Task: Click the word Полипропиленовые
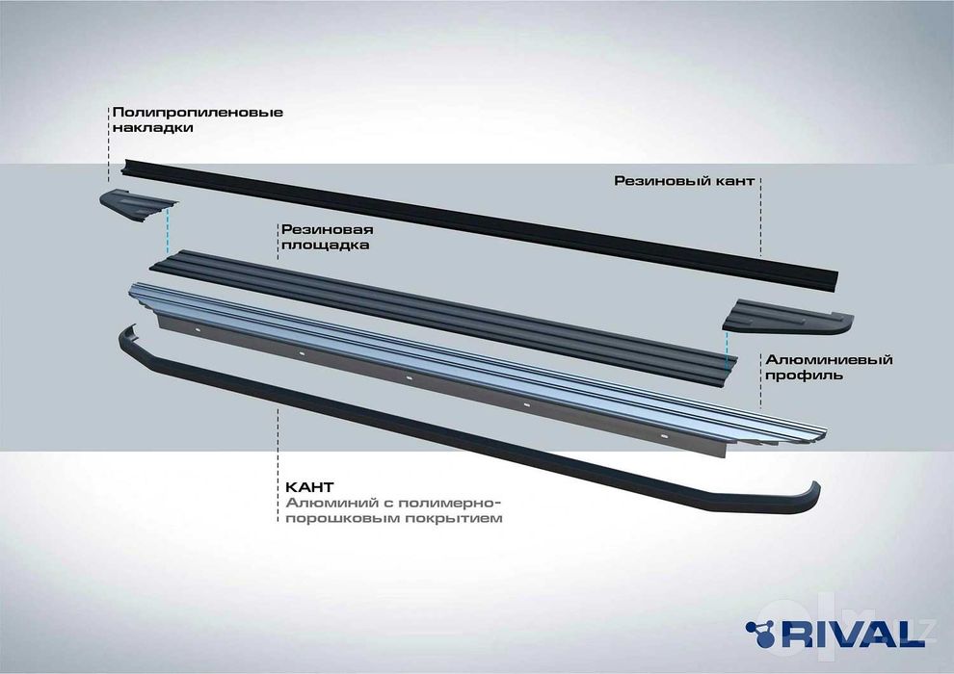pyautogui.click(x=198, y=113)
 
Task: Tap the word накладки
pyautogui.click(x=152, y=128)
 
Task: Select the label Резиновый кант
pyautogui.click(x=684, y=180)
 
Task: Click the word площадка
pyautogui.click(x=325, y=246)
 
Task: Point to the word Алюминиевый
pyautogui.click(x=829, y=360)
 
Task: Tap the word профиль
pyautogui.click(x=804, y=375)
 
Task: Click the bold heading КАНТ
pyautogui.click(x=309, y=487)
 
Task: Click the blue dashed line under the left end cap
pyautogui.click(x=168, y=230)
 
